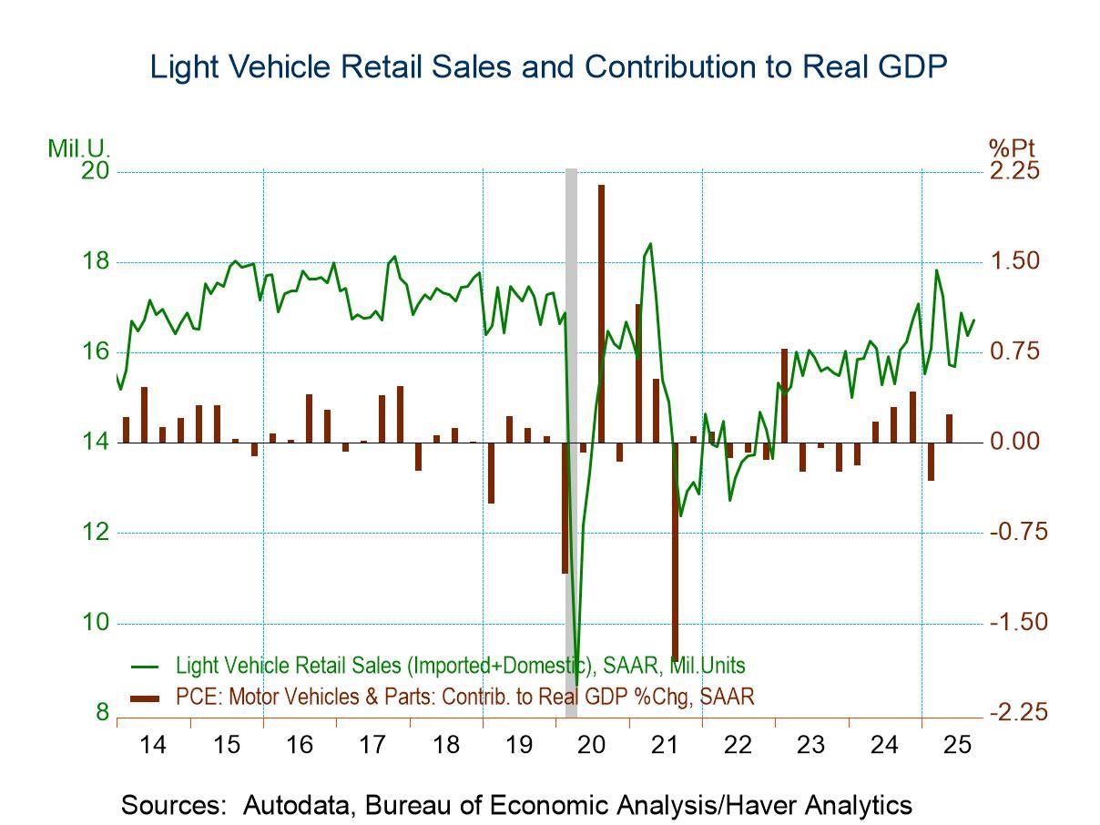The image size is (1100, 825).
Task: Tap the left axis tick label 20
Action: pos(94,172)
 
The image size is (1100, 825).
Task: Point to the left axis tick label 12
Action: pos(94,533)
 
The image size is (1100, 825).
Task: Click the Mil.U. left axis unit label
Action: pos(79,148)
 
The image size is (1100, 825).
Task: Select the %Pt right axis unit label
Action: pos(1012,148)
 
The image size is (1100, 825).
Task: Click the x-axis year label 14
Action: pos(153,745)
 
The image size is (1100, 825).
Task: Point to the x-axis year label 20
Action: pos(592,745)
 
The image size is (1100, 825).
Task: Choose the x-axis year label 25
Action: pos(958,745)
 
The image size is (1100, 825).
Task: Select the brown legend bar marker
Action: pos(146,698)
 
